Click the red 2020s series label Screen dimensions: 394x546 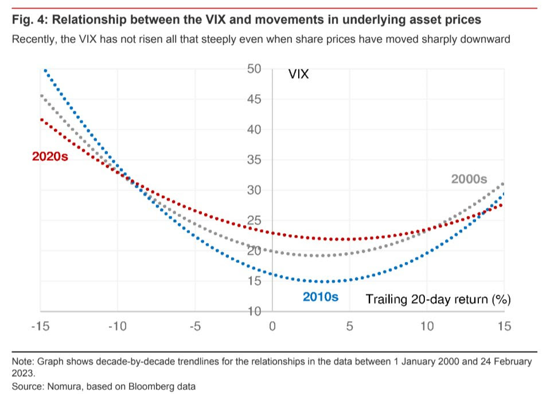pos(50,156)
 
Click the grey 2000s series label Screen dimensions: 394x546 pos(469,179)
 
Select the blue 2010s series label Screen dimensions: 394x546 pos(321,298)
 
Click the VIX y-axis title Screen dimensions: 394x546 pos(299,74)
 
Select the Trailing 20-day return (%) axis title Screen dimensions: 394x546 pos(438,299)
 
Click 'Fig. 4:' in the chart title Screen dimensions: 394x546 pos(29,20)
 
